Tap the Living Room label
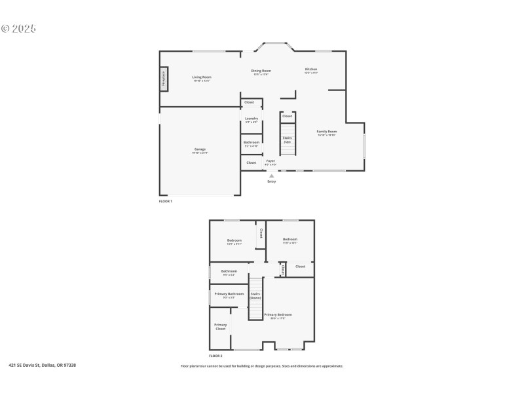(x=202, y=77)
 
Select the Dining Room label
(x=261, y=71)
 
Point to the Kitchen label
(x=311, y=69)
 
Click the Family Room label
(x=327, y=132)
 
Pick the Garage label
(x=200, y=149)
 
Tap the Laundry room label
(x=252, y=119)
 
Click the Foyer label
(x=271, y=160)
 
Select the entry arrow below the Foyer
(x=272, y=176)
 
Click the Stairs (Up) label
(x=287, y=139)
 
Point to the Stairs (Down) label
(x=255, y=295)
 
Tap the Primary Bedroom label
(x=278, y=315)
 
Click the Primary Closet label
(x=221, y=326)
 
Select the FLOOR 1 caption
(x=166, y=201)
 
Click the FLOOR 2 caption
(x=215, y=356)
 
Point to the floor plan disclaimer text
(x=261, y=366)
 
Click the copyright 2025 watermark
(x=18, y=29)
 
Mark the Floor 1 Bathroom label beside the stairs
(x=252, y=143)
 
